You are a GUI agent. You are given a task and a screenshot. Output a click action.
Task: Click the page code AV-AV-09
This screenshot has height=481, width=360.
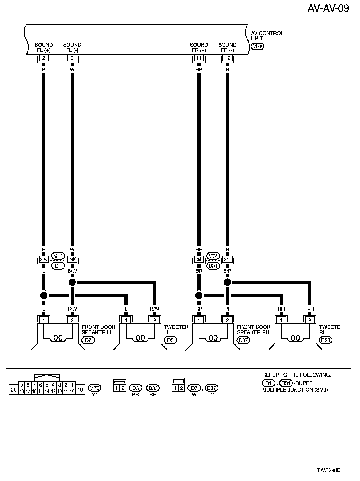[x=328, y=9]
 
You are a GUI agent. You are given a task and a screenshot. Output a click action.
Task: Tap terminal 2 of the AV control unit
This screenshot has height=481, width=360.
[x=44, y=59]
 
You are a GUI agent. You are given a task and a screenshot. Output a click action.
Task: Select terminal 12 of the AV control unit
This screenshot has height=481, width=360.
[x=227, y=59]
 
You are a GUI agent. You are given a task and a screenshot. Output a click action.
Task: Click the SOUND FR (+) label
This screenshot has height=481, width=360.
[x=199, y=48]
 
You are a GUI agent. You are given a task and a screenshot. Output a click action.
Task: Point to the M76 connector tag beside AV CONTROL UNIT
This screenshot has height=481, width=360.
[x=257, y=46]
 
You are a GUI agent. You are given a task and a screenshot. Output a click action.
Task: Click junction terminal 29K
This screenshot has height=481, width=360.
[x=44, y=260]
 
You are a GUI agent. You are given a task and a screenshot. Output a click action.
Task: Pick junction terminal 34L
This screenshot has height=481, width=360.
[x=227, y=260]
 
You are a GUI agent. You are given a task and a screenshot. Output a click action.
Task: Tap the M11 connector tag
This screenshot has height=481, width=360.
[x=58, y=256]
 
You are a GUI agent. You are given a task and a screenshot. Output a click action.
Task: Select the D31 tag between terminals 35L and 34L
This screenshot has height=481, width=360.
[x=213, y=266]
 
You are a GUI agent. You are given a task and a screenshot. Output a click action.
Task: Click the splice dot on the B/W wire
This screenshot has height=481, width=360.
[x=72, y=282]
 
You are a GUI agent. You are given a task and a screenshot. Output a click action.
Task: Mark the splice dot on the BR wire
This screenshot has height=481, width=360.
[x=199, y=295]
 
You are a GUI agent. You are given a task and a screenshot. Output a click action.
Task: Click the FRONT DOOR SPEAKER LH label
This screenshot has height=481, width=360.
[x=98, y=330]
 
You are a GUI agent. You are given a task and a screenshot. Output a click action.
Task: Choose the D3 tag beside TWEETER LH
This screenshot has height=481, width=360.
[x=170, y=340]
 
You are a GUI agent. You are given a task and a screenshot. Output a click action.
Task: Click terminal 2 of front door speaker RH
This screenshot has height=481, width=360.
[x=227, y=320]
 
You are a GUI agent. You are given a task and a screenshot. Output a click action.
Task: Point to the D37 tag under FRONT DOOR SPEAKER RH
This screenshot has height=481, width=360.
[x=243, y=340]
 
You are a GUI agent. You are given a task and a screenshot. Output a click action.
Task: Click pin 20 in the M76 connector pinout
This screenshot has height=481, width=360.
[x=13, y=390]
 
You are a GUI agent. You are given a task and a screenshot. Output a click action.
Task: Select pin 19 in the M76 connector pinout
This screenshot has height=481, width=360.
[x=80, y=390]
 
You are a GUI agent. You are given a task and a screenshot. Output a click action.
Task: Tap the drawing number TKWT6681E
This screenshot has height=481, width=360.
[x=328, y=470]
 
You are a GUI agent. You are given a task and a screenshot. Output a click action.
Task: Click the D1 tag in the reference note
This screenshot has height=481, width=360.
[x=268, y=383]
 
